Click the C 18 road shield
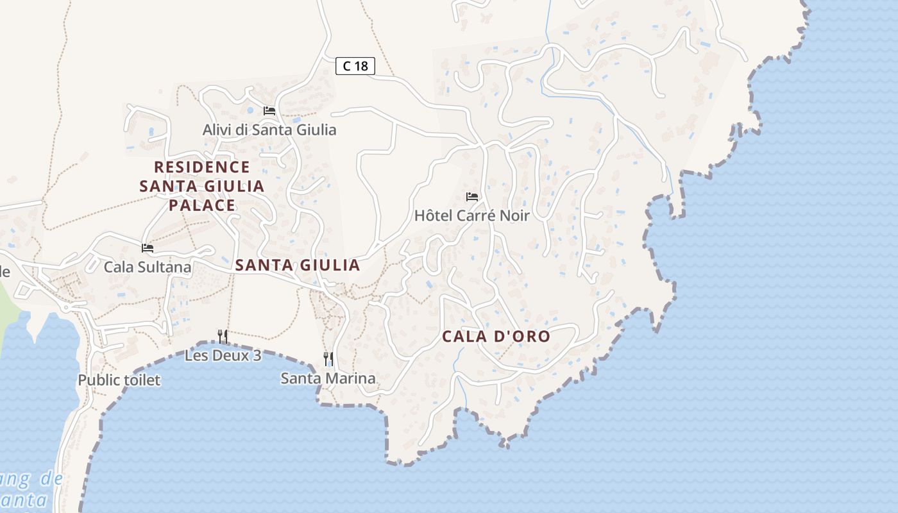tap(355, 65)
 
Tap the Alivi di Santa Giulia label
tap(269, 130)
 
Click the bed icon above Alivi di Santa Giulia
tap(269, 110)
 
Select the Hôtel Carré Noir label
tap(472, 215)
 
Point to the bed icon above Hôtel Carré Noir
tap(472, 196)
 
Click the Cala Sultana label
tap(148, 267)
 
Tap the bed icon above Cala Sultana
tap(148, 248)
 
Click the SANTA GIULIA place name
tap(298, 265)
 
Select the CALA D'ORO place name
tap(496, 337)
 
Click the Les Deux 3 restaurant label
tap(223, 355)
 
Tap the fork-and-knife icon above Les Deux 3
tap(223, 336)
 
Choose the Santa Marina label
tap(328, 378)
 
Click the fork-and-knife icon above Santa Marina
tap(328, 358)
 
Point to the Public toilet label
tap(119, 380)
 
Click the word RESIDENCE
tap(202, 167)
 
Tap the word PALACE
tap(202, 205)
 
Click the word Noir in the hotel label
tap(515, 215)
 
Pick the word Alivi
tap(217, 130)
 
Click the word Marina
tap(350, 378)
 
